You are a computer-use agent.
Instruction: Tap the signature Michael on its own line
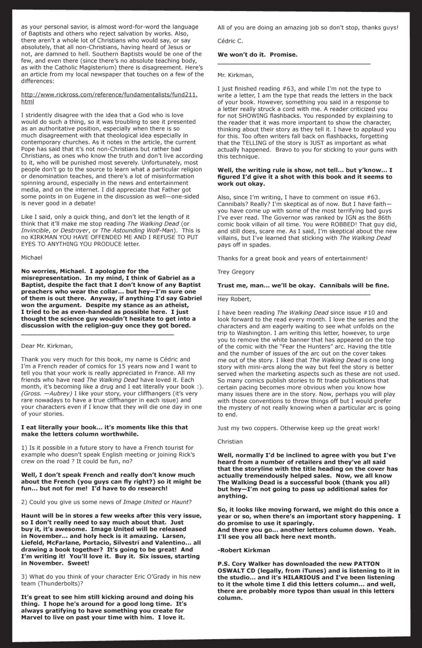tap(32, 257)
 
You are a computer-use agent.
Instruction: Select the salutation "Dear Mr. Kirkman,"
tap(47, 346)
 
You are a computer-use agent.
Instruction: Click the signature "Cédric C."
tap(230, 41)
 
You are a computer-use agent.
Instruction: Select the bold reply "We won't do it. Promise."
tap(257, 55)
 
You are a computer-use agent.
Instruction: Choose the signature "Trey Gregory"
tap(236, 272)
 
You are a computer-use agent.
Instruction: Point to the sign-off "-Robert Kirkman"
tap(244, 542)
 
